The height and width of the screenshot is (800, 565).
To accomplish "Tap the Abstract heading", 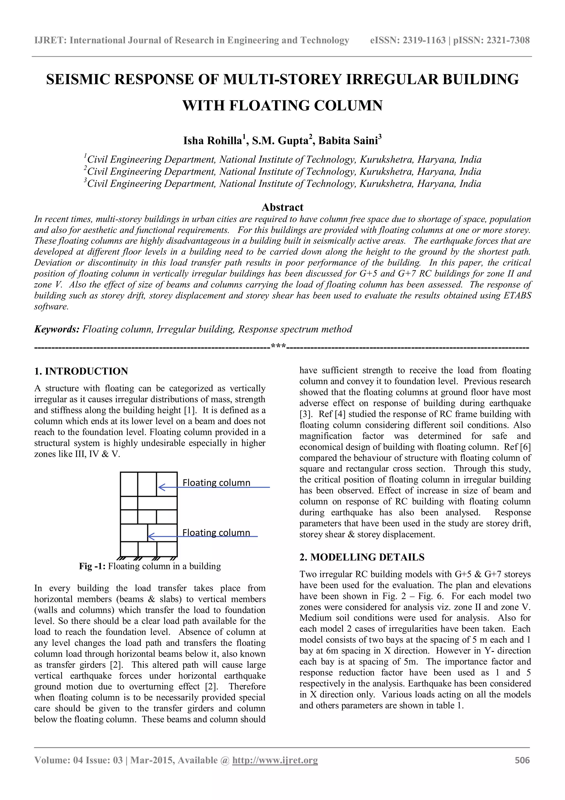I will (x=282, y=207).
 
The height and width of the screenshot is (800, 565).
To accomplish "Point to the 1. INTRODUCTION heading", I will (x=81, y=371).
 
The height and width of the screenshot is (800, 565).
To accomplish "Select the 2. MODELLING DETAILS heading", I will (x=362, y=557).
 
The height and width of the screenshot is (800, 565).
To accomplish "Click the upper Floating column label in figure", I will (x=216, y=483).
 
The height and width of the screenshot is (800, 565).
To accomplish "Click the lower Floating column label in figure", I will (x=216, y=532).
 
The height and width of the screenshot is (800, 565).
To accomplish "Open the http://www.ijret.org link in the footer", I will (x=275, y=760).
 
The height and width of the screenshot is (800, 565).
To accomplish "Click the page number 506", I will (x=522, y=760).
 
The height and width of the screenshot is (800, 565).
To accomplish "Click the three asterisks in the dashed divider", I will (x=278, y=347).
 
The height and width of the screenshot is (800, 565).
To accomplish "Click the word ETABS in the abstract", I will (x=517, y=295).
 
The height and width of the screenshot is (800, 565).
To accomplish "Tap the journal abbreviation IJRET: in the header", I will (x=50, y=40).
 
